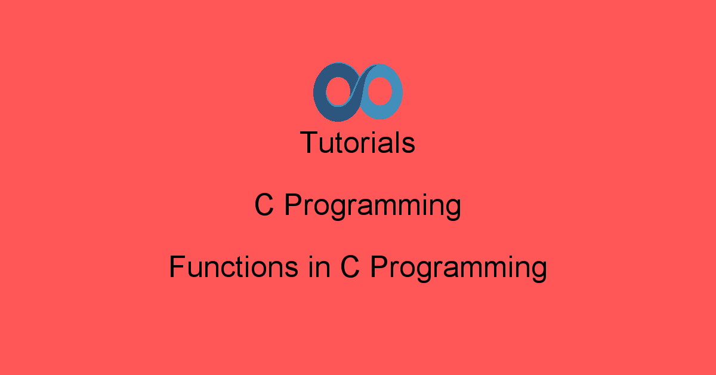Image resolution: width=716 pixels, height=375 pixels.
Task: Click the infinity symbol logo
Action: coord(358,92)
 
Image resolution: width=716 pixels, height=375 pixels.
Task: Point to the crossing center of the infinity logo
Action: coord(358,92)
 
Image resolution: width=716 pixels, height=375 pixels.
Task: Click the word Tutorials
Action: coord(358,143)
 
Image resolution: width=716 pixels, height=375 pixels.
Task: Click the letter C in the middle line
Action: coord(264,206)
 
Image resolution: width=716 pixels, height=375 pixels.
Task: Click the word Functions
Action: coord(233,267)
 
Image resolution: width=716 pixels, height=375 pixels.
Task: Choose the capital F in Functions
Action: coord(176,266)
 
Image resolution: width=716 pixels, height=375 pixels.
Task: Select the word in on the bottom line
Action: coord(319,267)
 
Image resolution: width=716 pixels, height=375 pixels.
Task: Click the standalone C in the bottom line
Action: coord(350,267)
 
